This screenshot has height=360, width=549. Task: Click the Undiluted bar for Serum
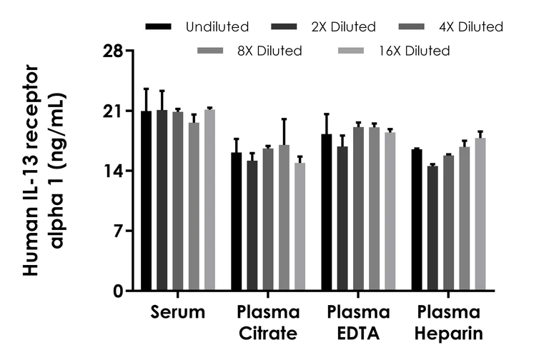click(x=147, y=201)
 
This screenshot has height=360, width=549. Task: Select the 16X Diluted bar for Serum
click(x=209, y=200)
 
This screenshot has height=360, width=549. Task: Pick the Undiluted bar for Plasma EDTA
click(x=327, y=212)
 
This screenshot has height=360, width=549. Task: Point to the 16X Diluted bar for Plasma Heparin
click(x=480, y=214)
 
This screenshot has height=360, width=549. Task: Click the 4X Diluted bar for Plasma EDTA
click(x=358, y=209)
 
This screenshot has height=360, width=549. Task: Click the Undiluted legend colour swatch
click(x=159, y=27)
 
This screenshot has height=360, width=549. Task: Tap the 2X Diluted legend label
click(x=343, y=27)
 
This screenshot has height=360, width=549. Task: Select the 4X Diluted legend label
click(x=470, y=27)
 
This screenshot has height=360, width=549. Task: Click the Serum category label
click(x=178, y=313)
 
